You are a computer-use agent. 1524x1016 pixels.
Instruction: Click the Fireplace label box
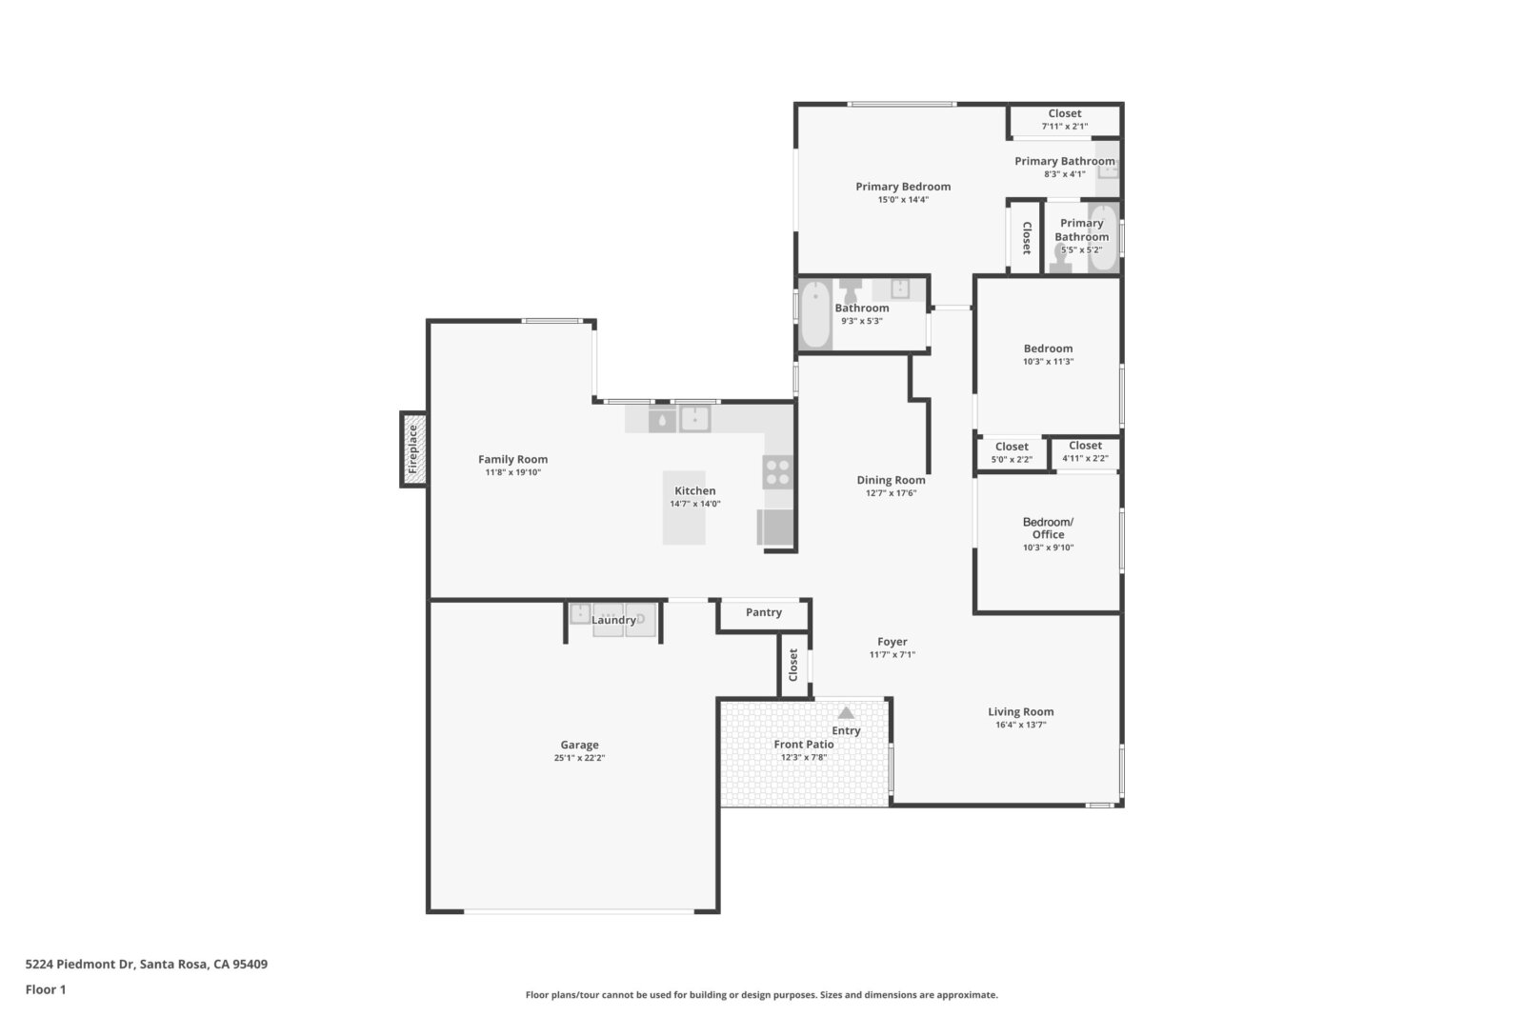413,449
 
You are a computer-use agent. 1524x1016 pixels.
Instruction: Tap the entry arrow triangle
846,712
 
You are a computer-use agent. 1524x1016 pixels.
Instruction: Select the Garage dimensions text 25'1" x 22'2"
579,758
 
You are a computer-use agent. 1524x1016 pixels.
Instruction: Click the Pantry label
763,612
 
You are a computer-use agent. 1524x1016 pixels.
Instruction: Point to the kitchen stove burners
777,472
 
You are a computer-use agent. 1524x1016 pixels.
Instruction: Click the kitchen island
685,508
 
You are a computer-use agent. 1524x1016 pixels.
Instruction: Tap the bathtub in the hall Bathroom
815,315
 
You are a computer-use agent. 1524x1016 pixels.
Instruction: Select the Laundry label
613,620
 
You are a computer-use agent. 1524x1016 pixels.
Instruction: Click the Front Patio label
804,744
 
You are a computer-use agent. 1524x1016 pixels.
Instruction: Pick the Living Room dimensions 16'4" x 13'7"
1020,725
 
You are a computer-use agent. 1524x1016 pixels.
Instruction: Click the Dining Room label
891,480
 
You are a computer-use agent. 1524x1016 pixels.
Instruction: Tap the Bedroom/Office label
1048,528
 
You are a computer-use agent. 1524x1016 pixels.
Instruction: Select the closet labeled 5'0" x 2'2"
1012,453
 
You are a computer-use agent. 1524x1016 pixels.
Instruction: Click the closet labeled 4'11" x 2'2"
1085,452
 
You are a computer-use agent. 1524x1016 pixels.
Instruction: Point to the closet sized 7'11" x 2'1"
1065,120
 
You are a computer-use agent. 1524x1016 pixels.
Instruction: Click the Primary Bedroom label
903,187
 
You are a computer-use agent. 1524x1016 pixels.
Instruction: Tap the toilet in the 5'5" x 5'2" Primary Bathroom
1060,258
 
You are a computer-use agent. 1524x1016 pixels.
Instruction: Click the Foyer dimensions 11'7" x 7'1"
892,654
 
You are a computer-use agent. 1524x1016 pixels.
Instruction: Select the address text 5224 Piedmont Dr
80,964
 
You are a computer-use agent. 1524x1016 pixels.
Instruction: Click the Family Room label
512,459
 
